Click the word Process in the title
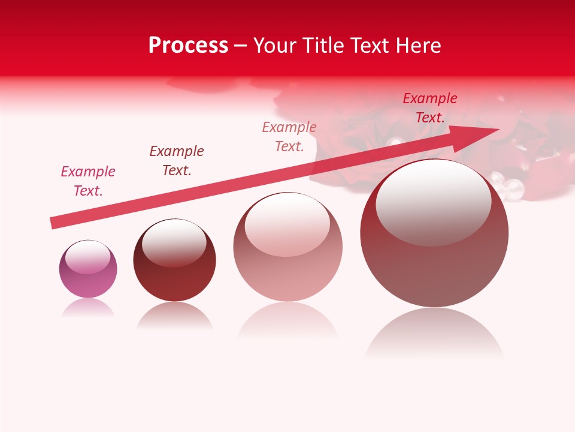[188, 46]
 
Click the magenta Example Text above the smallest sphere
[88, 181]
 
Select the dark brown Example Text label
[177, 161]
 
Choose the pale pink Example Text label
[289, 137]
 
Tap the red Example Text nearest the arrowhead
[429, 108]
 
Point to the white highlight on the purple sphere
[87, 257]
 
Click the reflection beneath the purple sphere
[88, 308]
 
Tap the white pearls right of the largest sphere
[508, 185]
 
